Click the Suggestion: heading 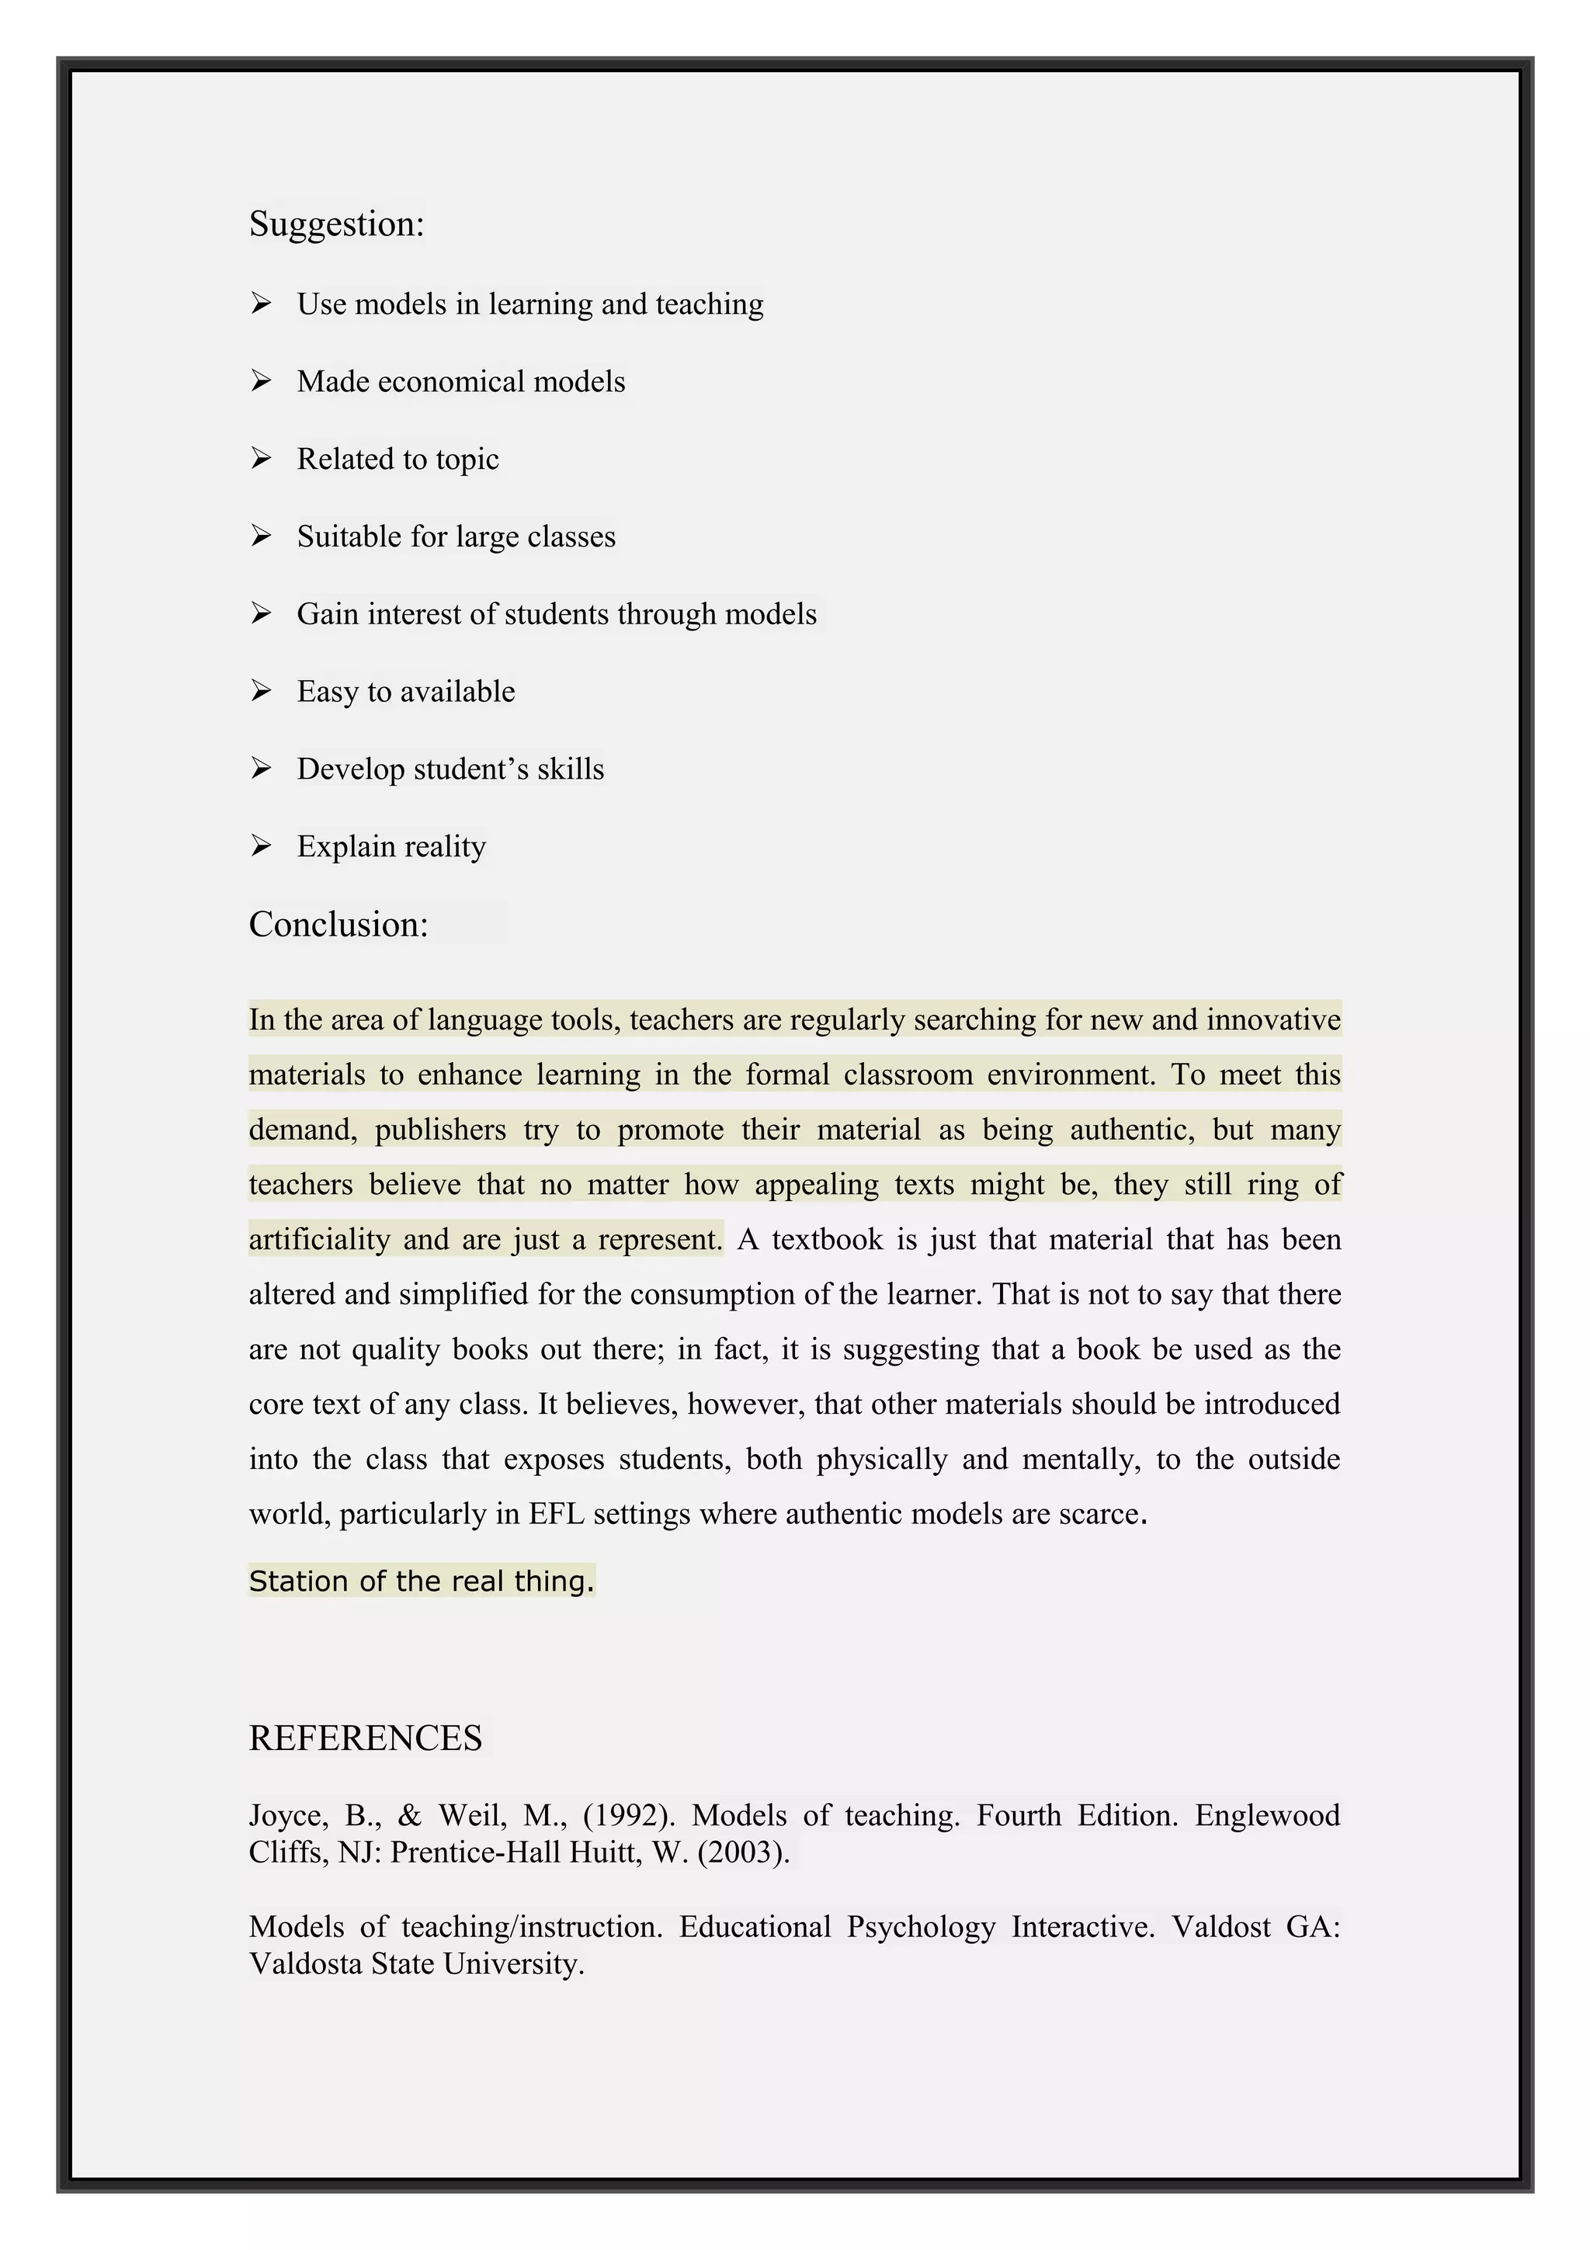[x=336, y=224]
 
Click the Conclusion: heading [x=338, y=924]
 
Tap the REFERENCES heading [x=366, y=1738]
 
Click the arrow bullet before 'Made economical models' [x=261, y=380]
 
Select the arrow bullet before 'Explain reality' [x=261, y=845]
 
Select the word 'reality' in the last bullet [x=445, y=847]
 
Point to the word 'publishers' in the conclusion [x=440, y=1130]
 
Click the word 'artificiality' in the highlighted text [x=319, y=1240]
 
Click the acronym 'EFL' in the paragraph [x=555, y=1514]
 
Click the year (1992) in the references [x=629, y=1816]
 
